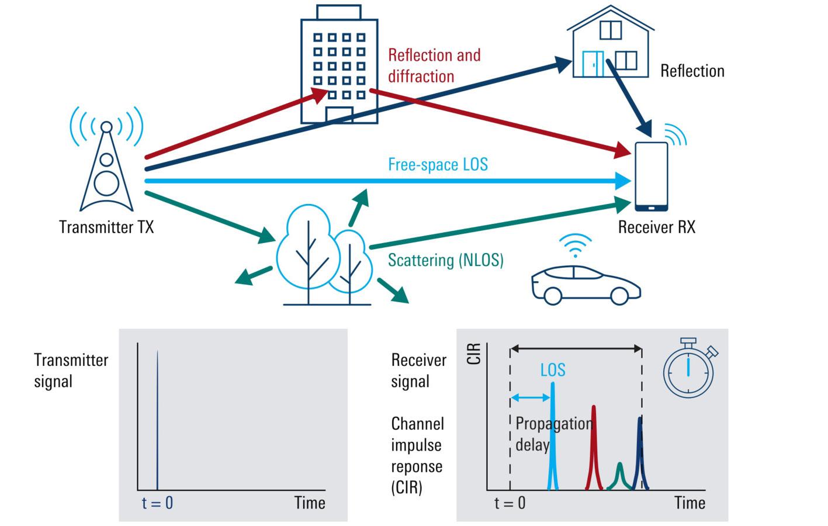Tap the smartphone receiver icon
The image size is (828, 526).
pos(651,176)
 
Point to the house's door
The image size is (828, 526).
pos(593,64)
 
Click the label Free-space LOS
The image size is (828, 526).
pos(438,164)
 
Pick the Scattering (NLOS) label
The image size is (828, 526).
pos(445,260)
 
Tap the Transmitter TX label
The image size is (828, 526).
pos(106,227)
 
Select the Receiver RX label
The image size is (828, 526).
pos(656,227)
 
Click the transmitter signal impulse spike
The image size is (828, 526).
pos(157,421)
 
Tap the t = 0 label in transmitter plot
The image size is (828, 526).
pos(157,503)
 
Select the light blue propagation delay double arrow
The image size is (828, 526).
pos(531,398)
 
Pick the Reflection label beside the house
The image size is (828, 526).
pos(692,71)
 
